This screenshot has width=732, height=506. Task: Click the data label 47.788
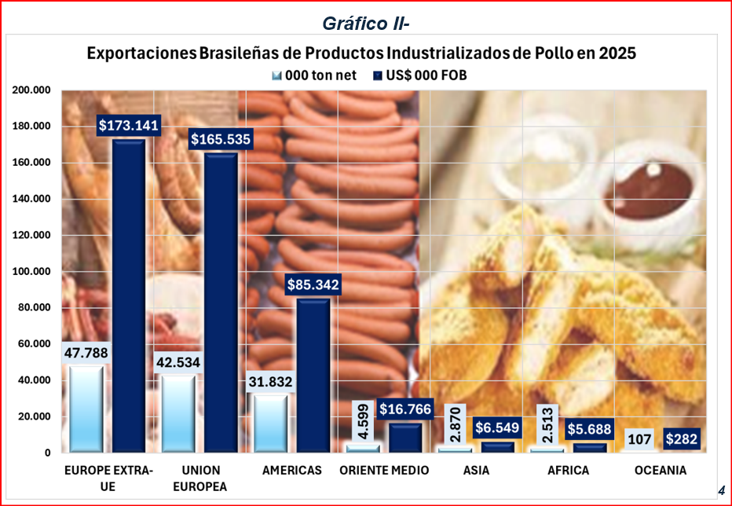pyautogui.click(x=87, y=352)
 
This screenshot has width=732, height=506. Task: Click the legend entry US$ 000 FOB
pyautogui.click(x=426, y=75)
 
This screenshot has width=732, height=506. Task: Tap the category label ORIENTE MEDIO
pyautogui.click(x=384, y=471)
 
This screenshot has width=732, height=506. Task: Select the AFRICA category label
pyautogui.click(x=569, y=471)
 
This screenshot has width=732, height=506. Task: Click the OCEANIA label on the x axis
pyautogui.click(x=661, y=471)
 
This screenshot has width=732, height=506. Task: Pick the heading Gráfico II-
pyautogui.click(x=365, y=24)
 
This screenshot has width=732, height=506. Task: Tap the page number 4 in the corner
pyautogui.click(x=720, y=490)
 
